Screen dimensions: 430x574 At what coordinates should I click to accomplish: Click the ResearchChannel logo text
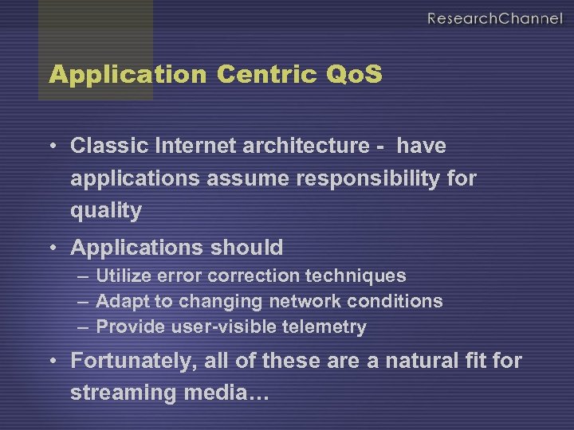pos(494,18)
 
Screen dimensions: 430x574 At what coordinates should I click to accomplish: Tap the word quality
pos(106,211)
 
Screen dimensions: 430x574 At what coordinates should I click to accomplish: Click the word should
pos(246,248)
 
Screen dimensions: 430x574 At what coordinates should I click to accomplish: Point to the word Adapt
pos(120,302)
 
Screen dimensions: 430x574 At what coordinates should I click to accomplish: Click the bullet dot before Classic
pos(51,147)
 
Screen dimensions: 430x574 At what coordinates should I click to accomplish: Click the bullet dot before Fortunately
pos(51,362)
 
